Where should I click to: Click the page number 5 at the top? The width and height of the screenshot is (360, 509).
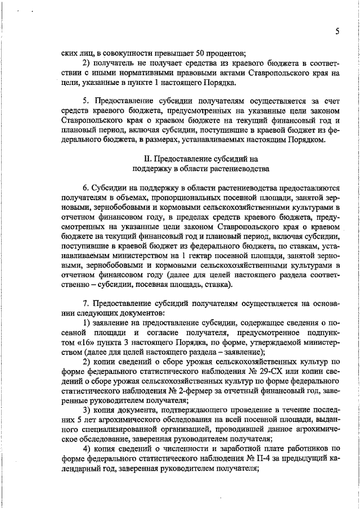(x=336, y=31)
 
